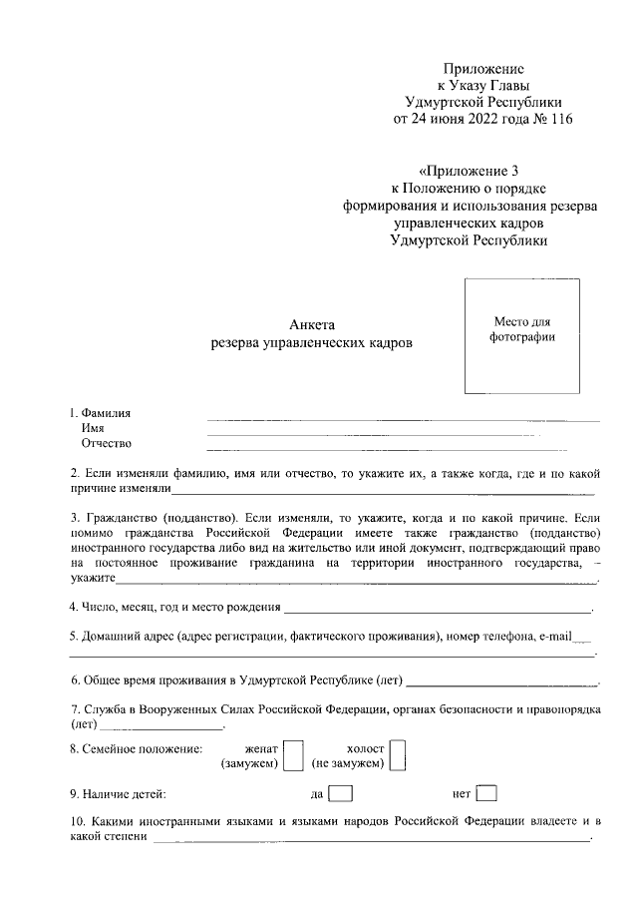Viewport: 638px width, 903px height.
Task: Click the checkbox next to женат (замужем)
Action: pyautogui.click(x=293, y=755)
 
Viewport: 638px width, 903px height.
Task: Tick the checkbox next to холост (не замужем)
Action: pyautogui.click(x=397, y=755)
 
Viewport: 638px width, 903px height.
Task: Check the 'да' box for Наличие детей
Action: pyautogui.click(x=340, y=795)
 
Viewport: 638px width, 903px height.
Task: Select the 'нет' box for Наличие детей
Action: pyautogui.click(x=486, y=795)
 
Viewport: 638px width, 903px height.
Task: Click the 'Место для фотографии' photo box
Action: pyautogui.click(x=521, y=335)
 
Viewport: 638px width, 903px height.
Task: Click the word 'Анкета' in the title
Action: pyautogui.click(x=313, y=324)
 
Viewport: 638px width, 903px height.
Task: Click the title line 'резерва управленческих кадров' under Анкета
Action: pyautogui.click(x=311, y=343)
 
